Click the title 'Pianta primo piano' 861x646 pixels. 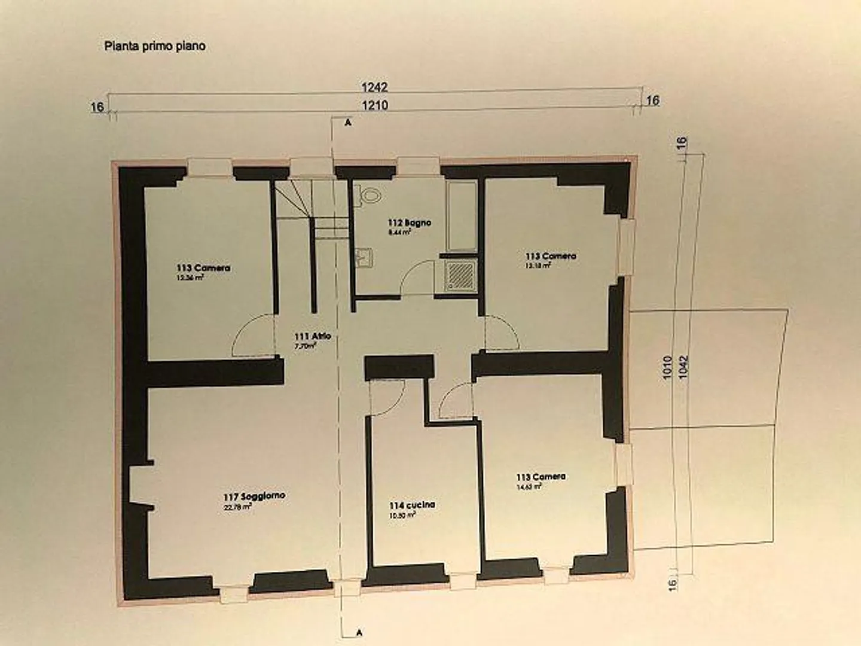[155, 46]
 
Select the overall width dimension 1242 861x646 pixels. [374, 87]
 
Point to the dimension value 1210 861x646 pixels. [374, 105]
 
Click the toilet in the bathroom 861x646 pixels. [371, 195]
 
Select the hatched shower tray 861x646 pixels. [461, 276]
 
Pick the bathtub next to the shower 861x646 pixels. [462, 216]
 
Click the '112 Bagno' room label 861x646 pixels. [409, 223]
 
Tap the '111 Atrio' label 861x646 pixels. [312, 337]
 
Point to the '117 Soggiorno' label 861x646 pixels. [254, 496]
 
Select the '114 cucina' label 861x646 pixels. [412, 505]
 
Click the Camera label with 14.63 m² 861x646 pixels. [541, 477]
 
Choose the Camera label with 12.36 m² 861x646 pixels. [203, 268]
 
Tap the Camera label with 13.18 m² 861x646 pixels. [551, 256]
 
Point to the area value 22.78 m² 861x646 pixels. [237, 507]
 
